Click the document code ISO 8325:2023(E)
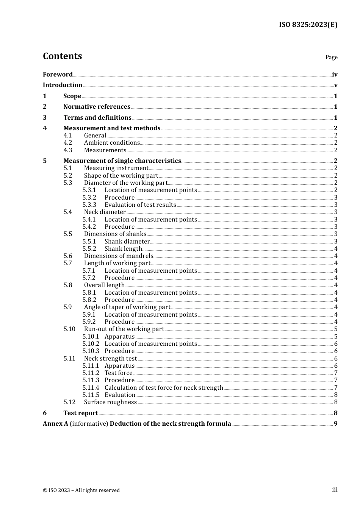tap(308, 25)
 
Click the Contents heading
tap(62, 56)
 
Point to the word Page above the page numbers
tap(331, 57)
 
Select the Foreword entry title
tap(58, 75)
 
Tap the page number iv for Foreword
tap(335, 75)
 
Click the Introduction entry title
tap(63, 85)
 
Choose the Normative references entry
tap(97, 107)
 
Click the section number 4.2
tap(68, 143)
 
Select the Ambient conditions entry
tap(112, 143)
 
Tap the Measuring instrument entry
tap(116, 168)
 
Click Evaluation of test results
tap(140, 205)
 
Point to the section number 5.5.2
tap(89, 249)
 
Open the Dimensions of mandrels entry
tap(119, 256)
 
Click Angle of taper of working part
tap(127, 307)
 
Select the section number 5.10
tap(69, 329)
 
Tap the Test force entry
tap(118, 373)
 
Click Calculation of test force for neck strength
tap(164, 388)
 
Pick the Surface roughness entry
tap(110, 402)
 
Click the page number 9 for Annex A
tap(335, 424)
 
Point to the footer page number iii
tap(335, 490)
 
